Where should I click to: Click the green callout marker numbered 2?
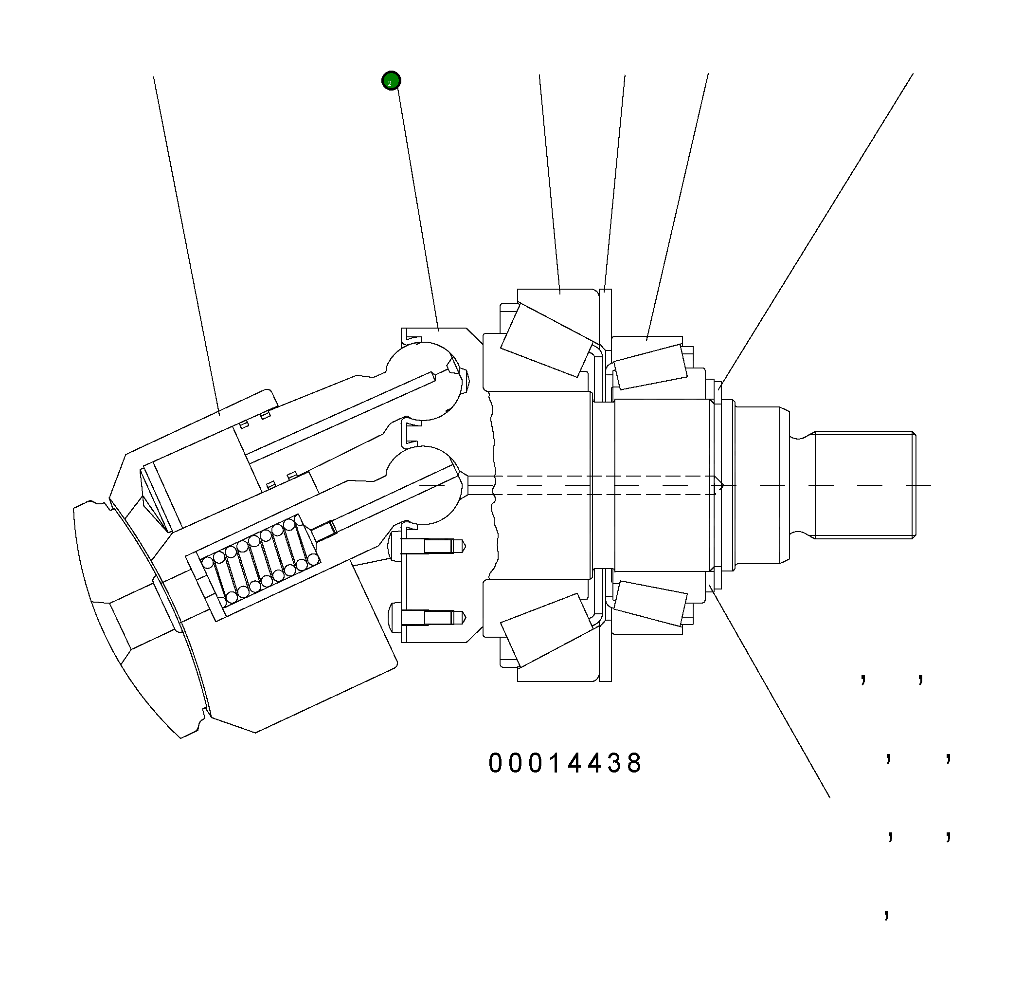[x=391, y=81]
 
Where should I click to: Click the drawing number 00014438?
[x=565, y=763]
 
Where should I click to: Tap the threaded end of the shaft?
[x=864, y=485]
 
